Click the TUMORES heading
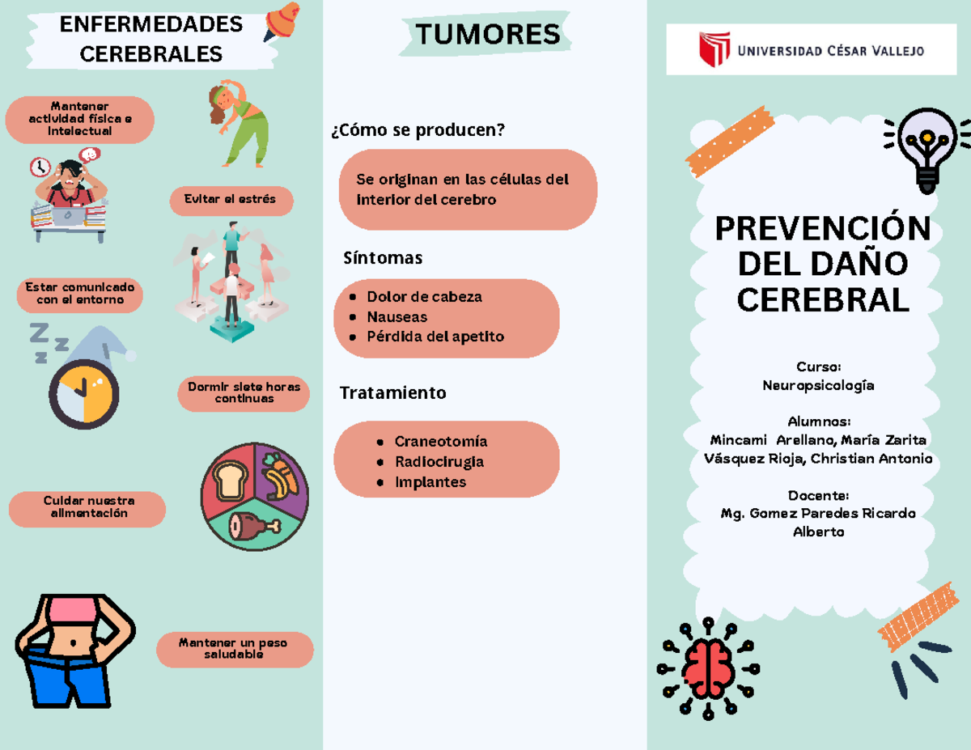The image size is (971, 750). click(487, 35)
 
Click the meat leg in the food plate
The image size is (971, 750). click(253, 526)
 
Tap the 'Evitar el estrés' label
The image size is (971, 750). click(231, 200)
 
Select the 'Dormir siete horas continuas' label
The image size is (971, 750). click(244, 392)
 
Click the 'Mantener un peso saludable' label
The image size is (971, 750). click(234, 649)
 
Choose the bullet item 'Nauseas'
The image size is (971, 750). click(396, 317)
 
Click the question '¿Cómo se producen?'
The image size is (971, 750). click(418, 130)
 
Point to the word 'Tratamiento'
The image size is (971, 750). click(393, 393)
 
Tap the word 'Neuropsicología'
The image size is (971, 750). click(818, 386)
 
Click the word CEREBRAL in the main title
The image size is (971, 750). click(823, 300)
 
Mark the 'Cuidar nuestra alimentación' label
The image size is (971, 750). click(88, 507)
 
